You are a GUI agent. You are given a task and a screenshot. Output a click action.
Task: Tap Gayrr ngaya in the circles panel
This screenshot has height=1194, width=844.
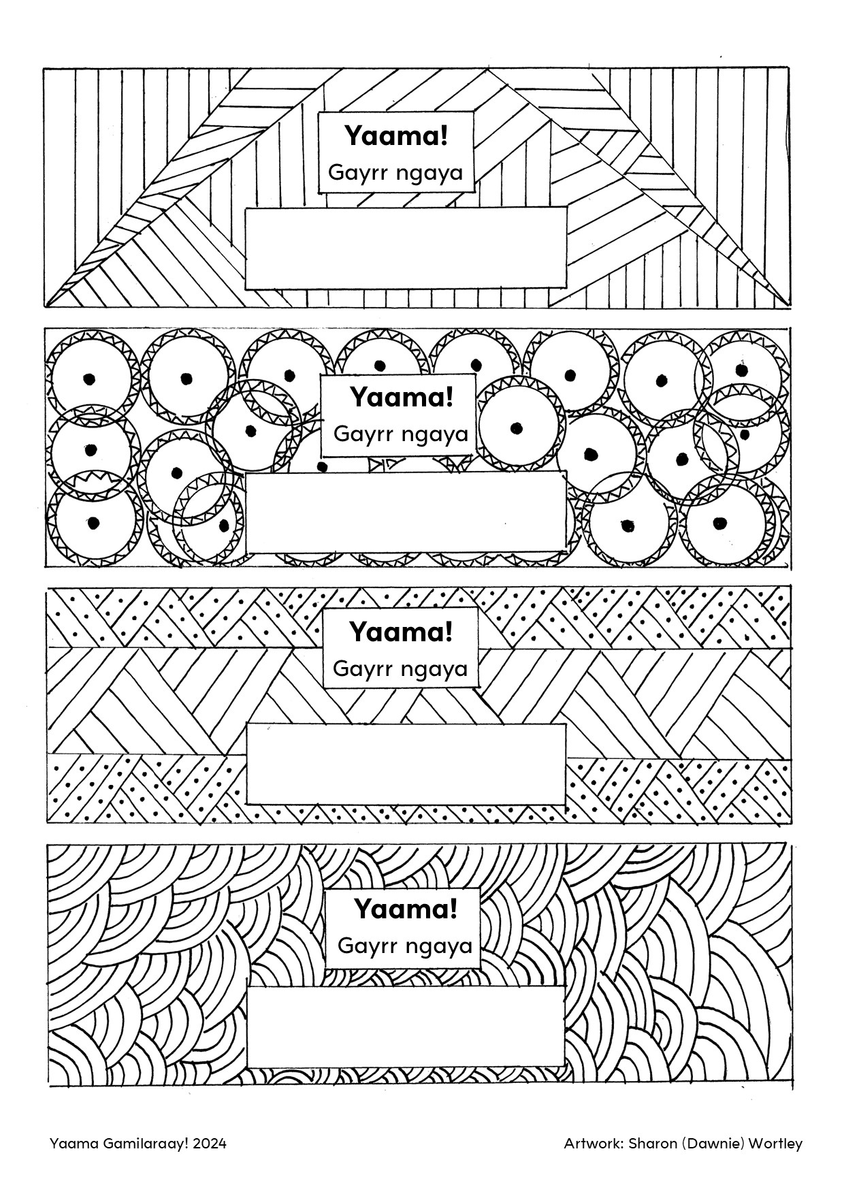click(402, 434)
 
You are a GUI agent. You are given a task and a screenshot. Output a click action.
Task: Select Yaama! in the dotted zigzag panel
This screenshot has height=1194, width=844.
click(401, 632)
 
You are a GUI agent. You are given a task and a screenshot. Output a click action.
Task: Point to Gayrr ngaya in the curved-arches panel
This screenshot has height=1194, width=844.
click(405, 946)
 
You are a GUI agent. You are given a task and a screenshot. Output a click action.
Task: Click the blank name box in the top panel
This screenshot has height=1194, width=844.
click(406, 248)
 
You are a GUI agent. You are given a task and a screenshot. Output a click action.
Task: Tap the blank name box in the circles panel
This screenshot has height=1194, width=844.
click(406, 513)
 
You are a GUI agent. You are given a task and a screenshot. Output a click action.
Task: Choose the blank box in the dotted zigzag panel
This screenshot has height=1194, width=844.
click(406, 764)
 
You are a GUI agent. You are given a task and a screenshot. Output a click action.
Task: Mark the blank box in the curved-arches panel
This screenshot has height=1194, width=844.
click(406, 1026)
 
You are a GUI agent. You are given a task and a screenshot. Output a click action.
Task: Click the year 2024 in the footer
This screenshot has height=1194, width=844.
click(209, 1143)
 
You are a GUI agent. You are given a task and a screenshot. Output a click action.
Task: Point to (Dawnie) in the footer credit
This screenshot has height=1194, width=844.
click(712, 1144)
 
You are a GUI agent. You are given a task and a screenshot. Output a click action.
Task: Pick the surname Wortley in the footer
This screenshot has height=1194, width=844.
click(776, 1144)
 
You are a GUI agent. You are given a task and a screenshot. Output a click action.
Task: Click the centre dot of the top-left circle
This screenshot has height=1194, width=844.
click(88, 378)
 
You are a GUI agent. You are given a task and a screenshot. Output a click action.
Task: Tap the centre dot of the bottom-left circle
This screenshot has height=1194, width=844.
click(93, 523)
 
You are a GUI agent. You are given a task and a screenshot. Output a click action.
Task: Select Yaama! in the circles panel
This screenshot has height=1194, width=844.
click(402, 397)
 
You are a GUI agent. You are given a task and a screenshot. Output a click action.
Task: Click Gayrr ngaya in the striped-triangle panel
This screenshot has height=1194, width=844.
click(395, 172)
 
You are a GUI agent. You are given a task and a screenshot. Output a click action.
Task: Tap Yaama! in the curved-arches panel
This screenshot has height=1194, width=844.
click(405, 908)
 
